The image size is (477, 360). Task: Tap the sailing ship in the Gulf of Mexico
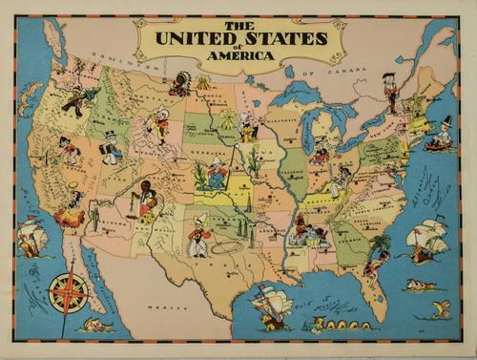point(273,305)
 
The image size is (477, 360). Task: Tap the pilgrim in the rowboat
point(440,136)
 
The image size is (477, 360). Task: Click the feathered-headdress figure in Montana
point(176,86)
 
